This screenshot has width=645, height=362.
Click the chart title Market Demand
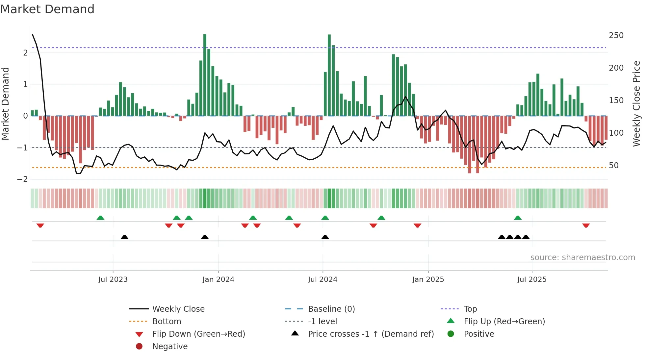click(47, 9)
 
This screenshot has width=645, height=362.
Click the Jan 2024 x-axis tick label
click(218, 280)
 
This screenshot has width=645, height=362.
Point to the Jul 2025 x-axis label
click(531, 280)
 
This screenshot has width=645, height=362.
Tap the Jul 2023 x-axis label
click(113, 280)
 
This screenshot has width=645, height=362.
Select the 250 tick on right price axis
click(616, 35)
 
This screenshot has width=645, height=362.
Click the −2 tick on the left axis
click(23, 179)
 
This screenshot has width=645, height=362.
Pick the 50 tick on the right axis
click(614, 166)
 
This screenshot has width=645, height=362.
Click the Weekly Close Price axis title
click(637, 103)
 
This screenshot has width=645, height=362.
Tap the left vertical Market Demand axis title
click(6, 103)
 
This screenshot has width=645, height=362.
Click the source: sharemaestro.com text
click(582, 258)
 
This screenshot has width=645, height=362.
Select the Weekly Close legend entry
click(178, 309)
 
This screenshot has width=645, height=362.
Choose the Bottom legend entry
click(167, 322)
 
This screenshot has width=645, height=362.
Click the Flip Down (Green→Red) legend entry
click(198, 334)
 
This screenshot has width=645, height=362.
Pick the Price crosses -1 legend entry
click(371, 334)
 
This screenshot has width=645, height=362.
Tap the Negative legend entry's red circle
click(139, 347)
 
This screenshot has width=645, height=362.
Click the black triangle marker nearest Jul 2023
click(124, 237)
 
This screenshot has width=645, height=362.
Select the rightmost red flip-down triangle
click(586, 226)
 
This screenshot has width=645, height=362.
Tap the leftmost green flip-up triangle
click(100, 218)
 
